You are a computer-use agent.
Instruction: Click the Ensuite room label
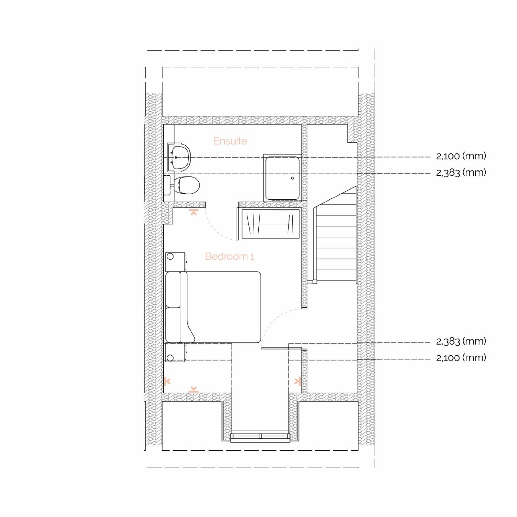click(230, 141)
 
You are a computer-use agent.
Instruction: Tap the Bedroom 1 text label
click(230, 256)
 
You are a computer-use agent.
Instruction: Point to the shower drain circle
click(292, 178)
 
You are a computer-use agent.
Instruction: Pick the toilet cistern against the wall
click(167, 185)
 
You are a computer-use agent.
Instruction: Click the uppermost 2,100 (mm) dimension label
click(461, 156)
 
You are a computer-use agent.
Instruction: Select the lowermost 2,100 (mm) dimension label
click(461, 357)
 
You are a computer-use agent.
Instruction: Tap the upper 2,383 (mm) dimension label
click(461, 173)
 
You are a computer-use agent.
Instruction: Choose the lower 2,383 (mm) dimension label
click(461, 341)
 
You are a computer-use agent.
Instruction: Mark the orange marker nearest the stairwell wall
click(297, 381)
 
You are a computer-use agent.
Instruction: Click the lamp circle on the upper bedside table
click(170, 257)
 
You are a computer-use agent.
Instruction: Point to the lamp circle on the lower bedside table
click(170, 357)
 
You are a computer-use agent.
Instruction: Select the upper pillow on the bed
click(173, 290)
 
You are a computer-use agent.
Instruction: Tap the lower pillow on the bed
click(173, 325)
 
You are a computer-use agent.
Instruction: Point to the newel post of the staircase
click(315, 282)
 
